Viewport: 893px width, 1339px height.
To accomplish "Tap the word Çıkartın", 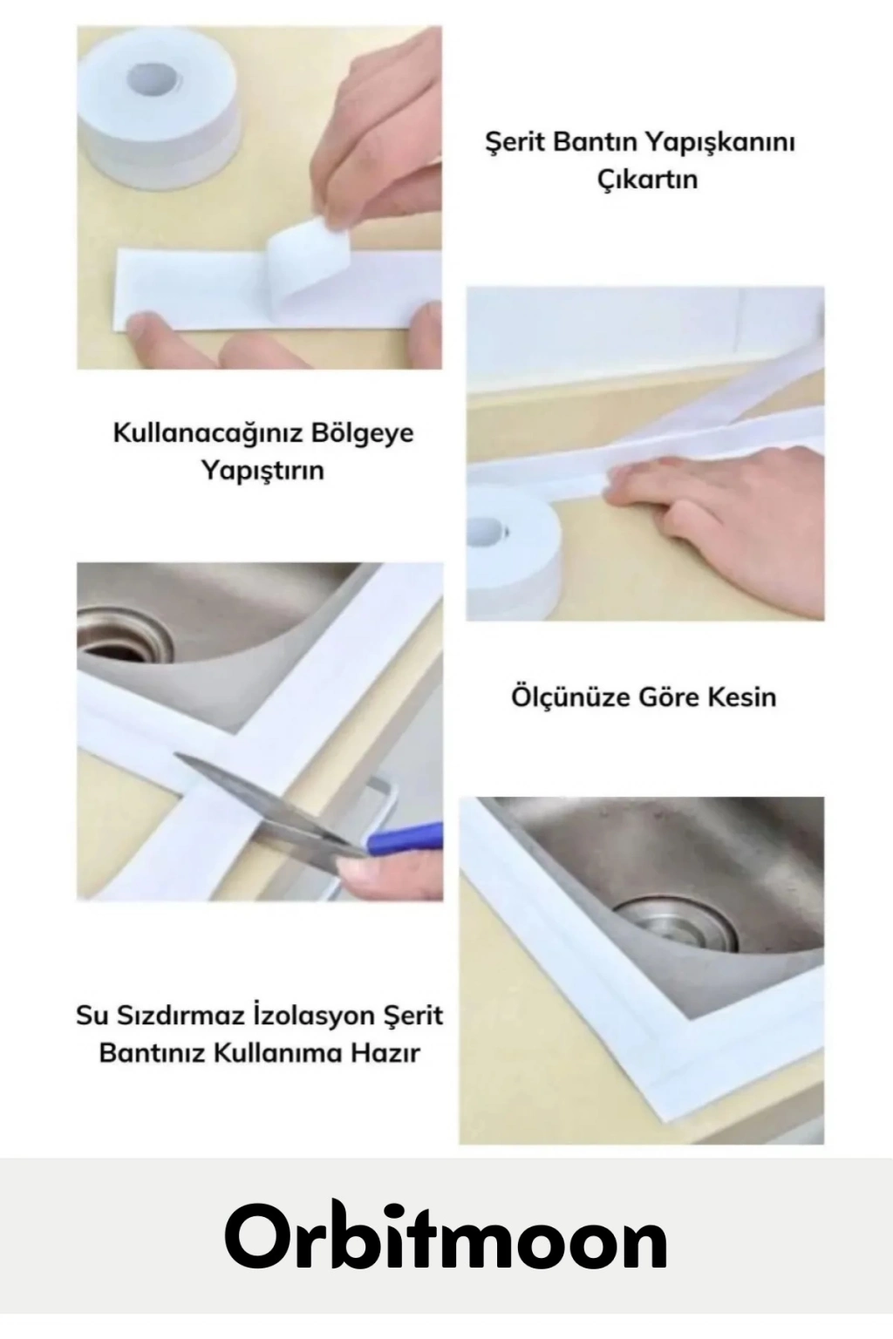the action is pos(648,180).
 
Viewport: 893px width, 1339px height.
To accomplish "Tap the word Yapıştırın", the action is pos(262,472).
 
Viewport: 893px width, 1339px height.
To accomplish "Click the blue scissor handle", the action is pos(406,838).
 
